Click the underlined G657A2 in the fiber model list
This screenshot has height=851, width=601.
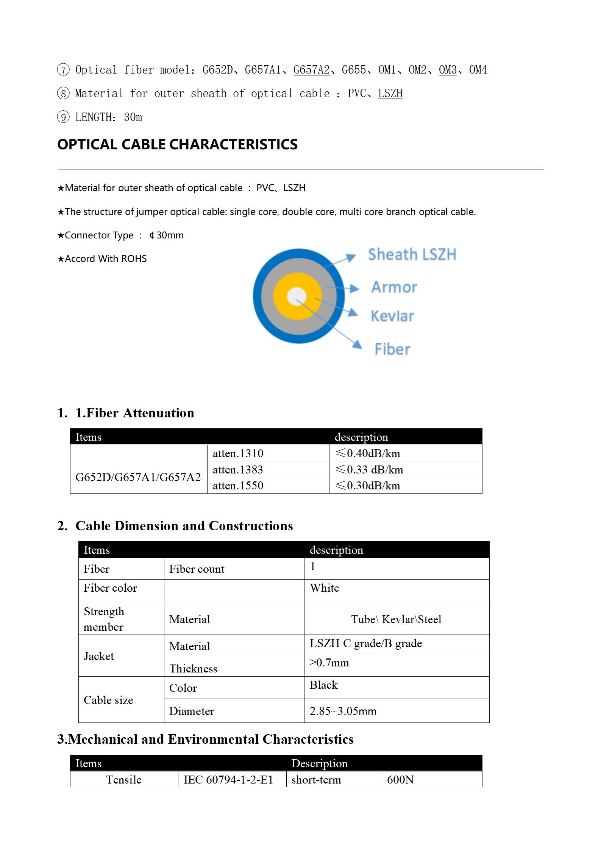coord(311,70)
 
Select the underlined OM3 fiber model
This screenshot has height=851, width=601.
coord(448,70)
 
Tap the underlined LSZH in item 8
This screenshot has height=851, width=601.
coord(390,93)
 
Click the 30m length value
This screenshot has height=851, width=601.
coord(133,117)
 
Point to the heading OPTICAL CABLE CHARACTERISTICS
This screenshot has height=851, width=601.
coord(177,144)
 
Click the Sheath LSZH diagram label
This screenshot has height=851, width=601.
coord(412,254)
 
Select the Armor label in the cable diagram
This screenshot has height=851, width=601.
coord(394,287)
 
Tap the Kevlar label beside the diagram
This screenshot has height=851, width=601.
coord(392,316)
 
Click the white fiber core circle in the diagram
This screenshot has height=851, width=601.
coord(297,296)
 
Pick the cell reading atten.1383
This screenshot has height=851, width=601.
coord(238,470)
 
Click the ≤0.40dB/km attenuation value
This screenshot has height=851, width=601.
coord(368,453)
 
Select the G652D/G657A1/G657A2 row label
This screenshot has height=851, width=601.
coord(138,477)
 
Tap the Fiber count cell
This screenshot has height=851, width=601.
coord(197,569)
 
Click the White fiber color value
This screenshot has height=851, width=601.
coord(325,588)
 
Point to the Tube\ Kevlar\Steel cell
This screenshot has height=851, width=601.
coord(396,619)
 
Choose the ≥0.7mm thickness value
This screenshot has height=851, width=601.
coord(329,663)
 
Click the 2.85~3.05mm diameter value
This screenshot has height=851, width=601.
coord(343,711)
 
